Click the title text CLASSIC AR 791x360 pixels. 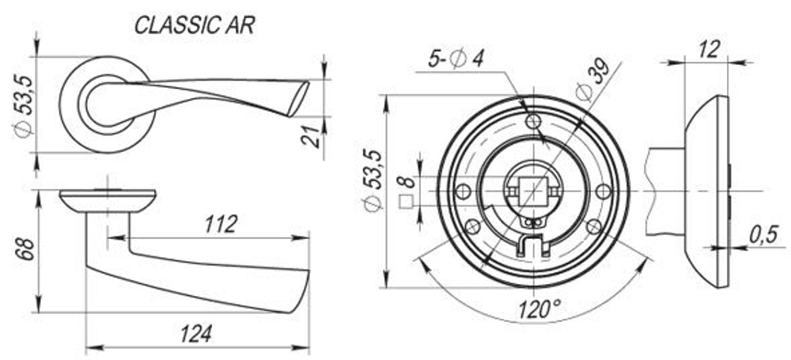194,25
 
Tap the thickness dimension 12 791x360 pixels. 709,49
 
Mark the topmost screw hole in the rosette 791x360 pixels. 534,121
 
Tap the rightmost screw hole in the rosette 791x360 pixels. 603,191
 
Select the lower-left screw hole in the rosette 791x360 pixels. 473,227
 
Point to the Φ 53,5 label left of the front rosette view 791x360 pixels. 373,180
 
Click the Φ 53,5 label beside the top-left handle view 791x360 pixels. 23,105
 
